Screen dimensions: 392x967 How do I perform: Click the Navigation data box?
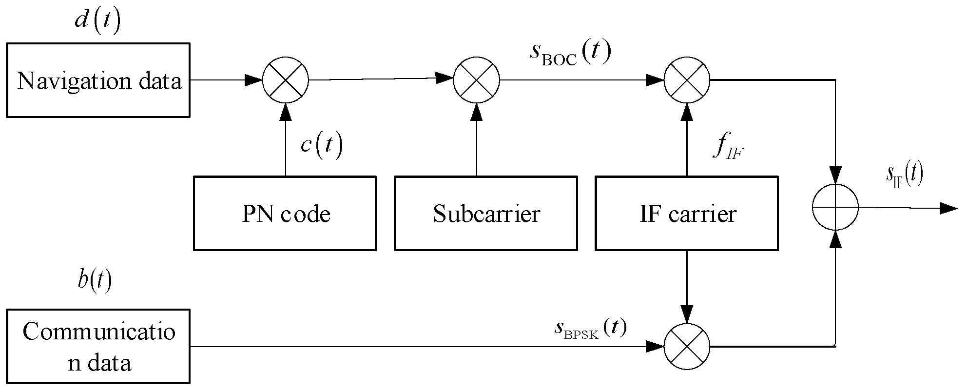[x=98, y=80]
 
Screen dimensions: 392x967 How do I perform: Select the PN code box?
[x=285, y=214]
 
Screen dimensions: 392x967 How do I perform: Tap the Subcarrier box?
[x=485, y=214]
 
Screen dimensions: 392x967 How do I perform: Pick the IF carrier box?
[x=686, y=214]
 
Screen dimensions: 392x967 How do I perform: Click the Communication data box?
[x=98, y=347]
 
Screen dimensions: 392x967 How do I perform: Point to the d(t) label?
[x=97, y=22]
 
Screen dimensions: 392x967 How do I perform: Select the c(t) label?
[x=321, y=145]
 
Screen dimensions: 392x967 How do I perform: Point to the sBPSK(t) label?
[x=590, y=329]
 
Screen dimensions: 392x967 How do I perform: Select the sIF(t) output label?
[x=904, y=176]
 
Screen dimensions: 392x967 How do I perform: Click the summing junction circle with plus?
[x=835, y=207]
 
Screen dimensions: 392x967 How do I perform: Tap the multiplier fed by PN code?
[x=286, y=80]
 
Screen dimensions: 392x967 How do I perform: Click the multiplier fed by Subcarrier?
[x=477, y=80]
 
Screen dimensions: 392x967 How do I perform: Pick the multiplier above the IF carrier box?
[x=687, y=80]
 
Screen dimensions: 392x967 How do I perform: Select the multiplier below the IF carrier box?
[x=687, y=347]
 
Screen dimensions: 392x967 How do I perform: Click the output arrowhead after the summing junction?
[x=948, y=209]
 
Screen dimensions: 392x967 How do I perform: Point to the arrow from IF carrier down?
[x=687, y=288]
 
